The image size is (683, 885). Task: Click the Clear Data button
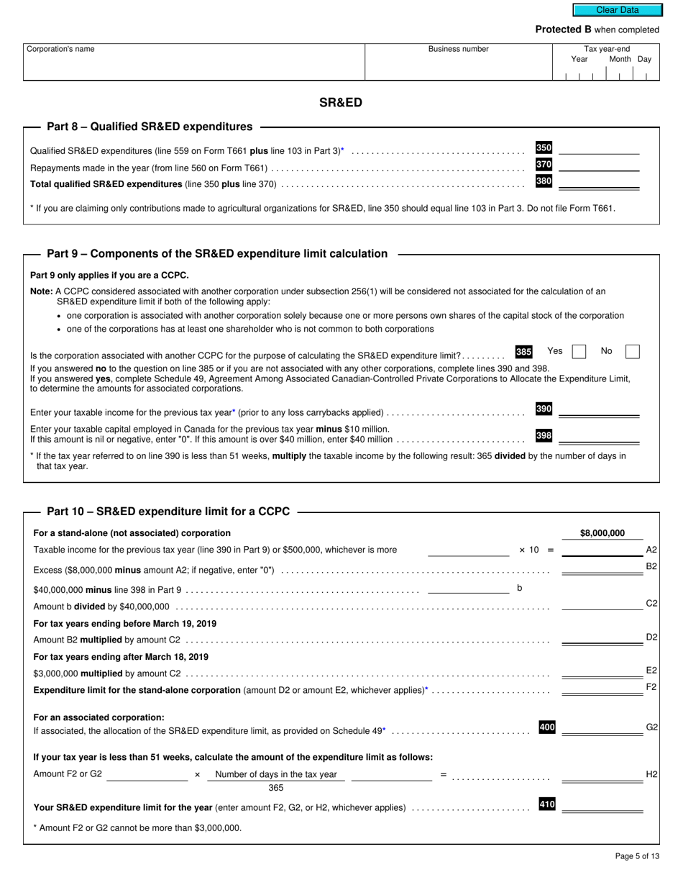pos(617,10)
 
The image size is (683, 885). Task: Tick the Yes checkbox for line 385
pos(579,352)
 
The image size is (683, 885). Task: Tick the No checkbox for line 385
pos(632,352)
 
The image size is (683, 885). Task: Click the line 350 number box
pos(544,147)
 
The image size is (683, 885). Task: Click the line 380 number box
pos(544,181)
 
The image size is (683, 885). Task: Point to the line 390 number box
pos(544,409)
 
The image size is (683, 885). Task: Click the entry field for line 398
pos(599,436)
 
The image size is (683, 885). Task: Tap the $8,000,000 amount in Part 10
pos(602,533)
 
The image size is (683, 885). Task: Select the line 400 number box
pos(546,727)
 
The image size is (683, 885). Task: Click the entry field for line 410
pos(602,805)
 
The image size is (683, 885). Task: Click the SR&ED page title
pos(341,102)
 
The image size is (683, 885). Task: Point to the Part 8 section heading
pos(150,127)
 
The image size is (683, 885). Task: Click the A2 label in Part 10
pos(651,550)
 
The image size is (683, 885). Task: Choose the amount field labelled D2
pos(602,637)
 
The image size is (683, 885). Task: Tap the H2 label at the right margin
pos(651,774)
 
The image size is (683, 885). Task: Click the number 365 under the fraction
pos(276,788)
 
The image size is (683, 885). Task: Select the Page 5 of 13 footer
pos(637,855)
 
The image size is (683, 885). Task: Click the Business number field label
pos(458,49)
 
